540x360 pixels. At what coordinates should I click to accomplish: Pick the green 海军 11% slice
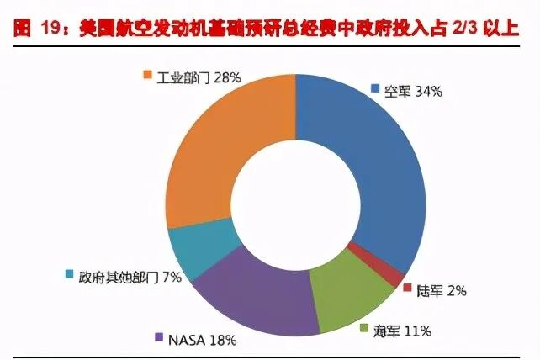point(348,290)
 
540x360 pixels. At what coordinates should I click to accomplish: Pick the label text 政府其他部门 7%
point(130,276)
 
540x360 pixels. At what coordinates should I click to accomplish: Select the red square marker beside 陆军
point(408,289)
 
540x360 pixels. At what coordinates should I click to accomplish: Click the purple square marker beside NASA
point(159,338)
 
